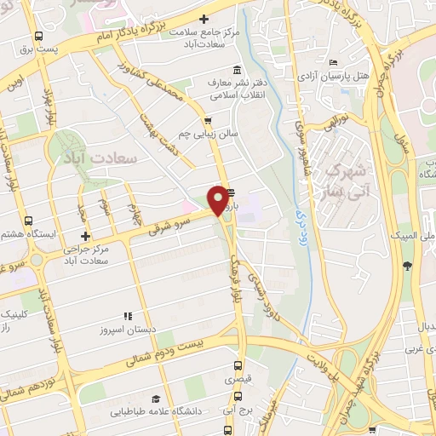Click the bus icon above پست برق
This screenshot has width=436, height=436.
point(38,37)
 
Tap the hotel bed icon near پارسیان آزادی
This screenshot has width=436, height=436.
point(333,62)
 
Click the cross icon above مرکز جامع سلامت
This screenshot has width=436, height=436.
point(204,18)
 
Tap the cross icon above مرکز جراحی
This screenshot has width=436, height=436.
point(84,236)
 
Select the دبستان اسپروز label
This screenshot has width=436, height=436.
point(128,329)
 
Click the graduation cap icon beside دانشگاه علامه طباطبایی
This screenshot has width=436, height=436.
point(155,399)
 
